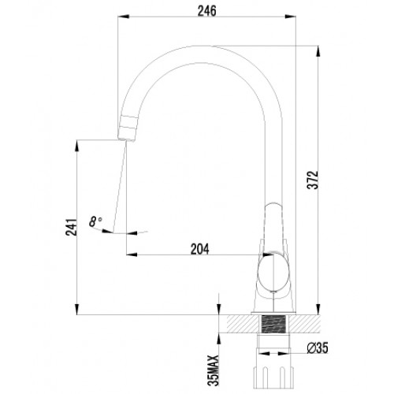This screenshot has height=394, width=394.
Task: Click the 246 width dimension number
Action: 207,11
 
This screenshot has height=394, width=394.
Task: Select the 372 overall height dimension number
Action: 313,180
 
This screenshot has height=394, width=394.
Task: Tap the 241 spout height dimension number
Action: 71,227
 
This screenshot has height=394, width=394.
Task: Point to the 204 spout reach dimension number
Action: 200,249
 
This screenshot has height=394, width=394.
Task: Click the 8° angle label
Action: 95,221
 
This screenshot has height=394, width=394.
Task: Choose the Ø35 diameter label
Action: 318,348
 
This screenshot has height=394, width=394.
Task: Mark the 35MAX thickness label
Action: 213,370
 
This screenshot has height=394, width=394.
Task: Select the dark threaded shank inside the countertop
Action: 273,324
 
